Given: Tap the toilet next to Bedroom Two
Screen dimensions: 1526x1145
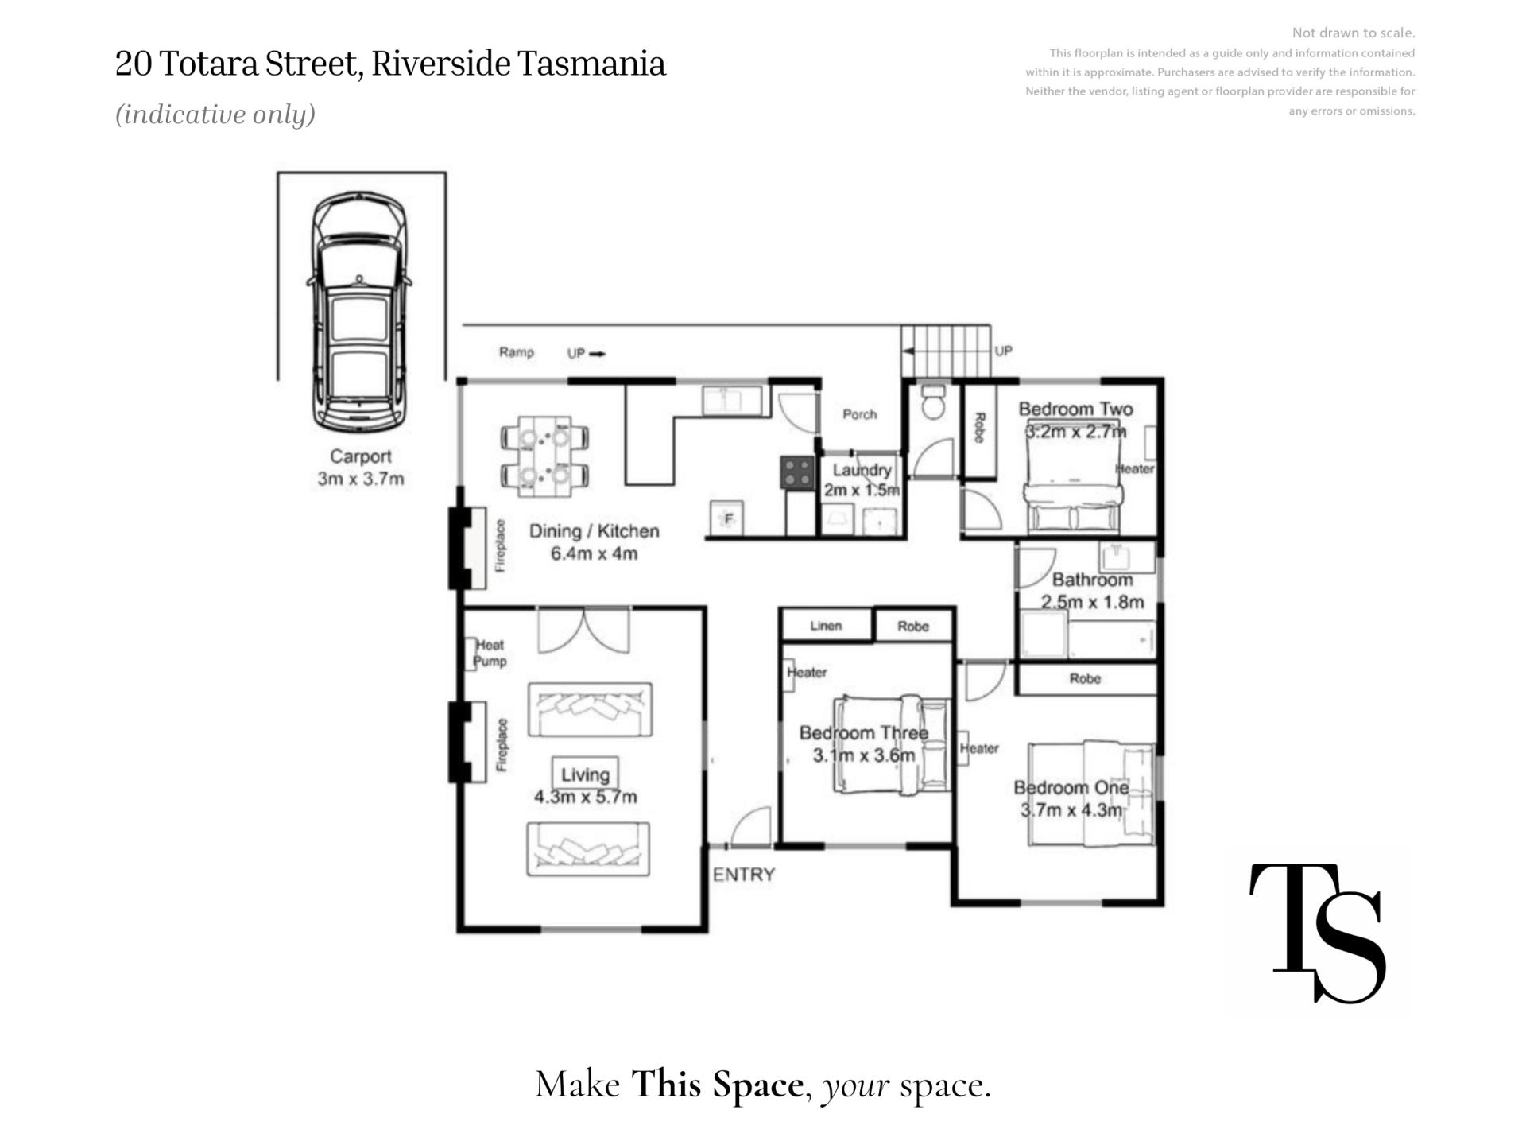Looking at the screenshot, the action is click(x=932, y=402).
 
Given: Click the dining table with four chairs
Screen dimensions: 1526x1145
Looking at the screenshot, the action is click(x=544, y=456).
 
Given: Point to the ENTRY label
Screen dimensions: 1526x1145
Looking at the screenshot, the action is click(x=744, y=875).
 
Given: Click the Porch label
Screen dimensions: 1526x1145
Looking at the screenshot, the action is click(x=859, y=414).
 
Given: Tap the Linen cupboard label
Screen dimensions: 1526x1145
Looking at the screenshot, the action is click(x=826, y=626).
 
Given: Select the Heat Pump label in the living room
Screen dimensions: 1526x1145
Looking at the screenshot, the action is click(x=490, y=653).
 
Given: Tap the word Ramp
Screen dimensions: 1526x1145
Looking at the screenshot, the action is click(x=517, y=352).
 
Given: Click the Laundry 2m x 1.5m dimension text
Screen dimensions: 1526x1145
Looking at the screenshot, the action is click(x=862, y=479).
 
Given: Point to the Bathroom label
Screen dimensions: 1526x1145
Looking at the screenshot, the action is click(x=1092, y=580).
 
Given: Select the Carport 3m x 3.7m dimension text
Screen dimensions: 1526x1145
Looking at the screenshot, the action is click(x=361, y=468).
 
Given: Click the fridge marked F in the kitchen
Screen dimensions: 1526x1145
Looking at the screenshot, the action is click(x=727, y=518).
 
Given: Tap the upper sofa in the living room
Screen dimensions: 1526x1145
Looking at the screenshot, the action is click(x=590, y=709).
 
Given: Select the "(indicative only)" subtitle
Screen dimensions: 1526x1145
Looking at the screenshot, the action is click(x=215, y=114).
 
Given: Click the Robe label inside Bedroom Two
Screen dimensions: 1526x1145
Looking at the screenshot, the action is click(x=980, y=428).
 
